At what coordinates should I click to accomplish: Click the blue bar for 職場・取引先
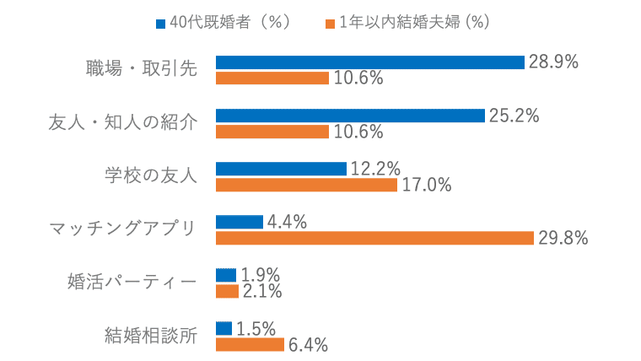[x=370, y=62]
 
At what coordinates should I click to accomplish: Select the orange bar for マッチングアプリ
[x=375, y=238]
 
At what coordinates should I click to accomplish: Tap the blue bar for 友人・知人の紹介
[x=350, y=116]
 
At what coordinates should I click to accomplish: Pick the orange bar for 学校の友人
[x=306, y=185]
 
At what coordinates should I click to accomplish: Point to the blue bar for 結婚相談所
[x=224, y=328]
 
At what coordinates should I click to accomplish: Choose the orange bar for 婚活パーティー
[x=226, y=291]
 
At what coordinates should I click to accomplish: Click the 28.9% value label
[x=552, y=62]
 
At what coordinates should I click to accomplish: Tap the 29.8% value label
[x=563, y=238]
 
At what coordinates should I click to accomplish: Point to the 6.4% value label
[x=308, y=344]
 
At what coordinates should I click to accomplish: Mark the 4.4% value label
[x=287, y=222]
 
